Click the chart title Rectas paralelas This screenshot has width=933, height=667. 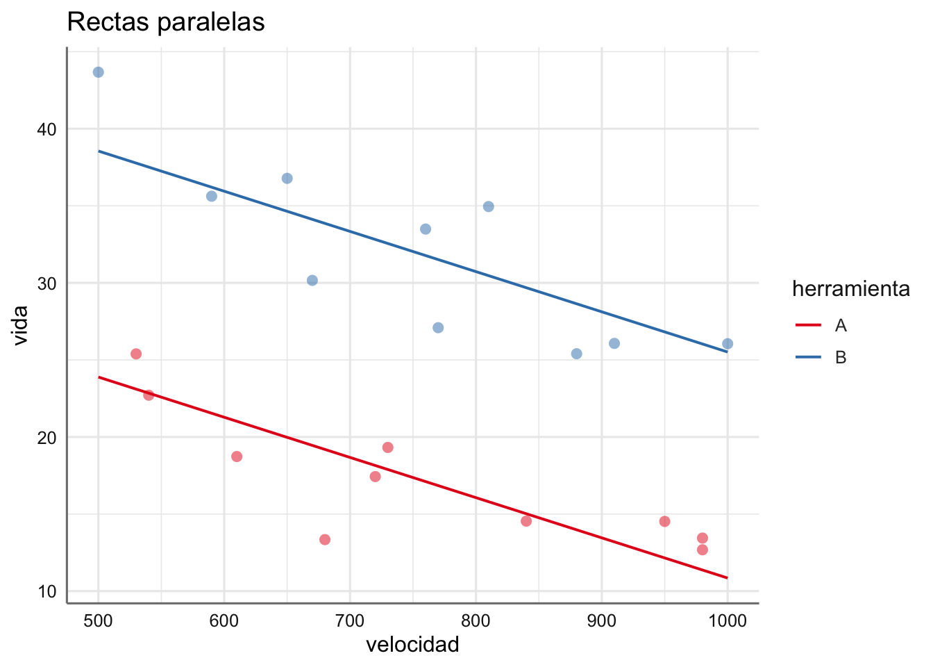pyautogui.click(x=166, y=22)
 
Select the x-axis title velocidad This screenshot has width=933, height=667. pyautogui.click(x=412, y=645)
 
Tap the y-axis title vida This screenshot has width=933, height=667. pyautogui.click(x=21, y=325)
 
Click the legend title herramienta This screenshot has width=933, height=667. pyautogui.click(x=850, y=289)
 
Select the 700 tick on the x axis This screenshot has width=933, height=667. pyautogui.click(x=350, y=621)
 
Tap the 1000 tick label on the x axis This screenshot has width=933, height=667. pyautogui.click(x=727, y=621)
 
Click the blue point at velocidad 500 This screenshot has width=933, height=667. pyautogui.click(x=99, y=72)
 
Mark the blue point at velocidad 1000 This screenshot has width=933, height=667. pyautogui.click(x=728, y=344)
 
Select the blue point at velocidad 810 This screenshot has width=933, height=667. pyautogui.click(x=488, y=206)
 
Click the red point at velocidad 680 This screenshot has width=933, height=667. pyautogui.click(x=325, y=540)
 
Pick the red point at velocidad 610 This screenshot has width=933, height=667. pyautogui.click(x=237, y=456)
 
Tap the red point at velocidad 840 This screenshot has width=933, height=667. pyautogui.click(x=526, y=521)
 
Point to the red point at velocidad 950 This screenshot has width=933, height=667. pyautogui.click(x=664, y=522)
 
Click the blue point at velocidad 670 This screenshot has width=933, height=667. pyautogui.click(x=312, y=281)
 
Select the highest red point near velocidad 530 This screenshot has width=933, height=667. pyautogui.click(x=136, y=354)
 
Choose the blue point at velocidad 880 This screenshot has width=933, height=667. pyautogui.click(x=576, y=354)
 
